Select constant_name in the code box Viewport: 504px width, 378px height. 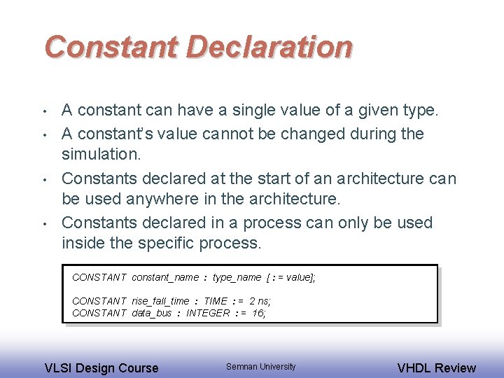point(165,277)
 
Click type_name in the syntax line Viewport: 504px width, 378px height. point(237,277)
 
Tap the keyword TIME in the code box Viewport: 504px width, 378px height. point(216,301)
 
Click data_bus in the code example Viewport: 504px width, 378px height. point(151,313)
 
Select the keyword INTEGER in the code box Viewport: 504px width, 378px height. point(208,313)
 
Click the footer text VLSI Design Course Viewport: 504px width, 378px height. point(101,367)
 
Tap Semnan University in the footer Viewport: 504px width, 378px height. point(260,367)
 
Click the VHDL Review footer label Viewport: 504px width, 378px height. point(436,367)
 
